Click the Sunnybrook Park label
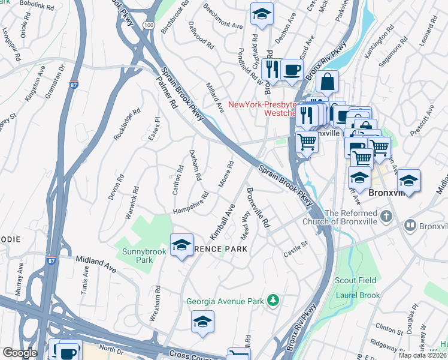[144, 256]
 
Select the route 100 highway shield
[149, 25]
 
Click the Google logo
[20, 353]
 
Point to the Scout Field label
[355, 280]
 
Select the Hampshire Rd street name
[190, 203]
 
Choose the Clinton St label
[390, 328]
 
